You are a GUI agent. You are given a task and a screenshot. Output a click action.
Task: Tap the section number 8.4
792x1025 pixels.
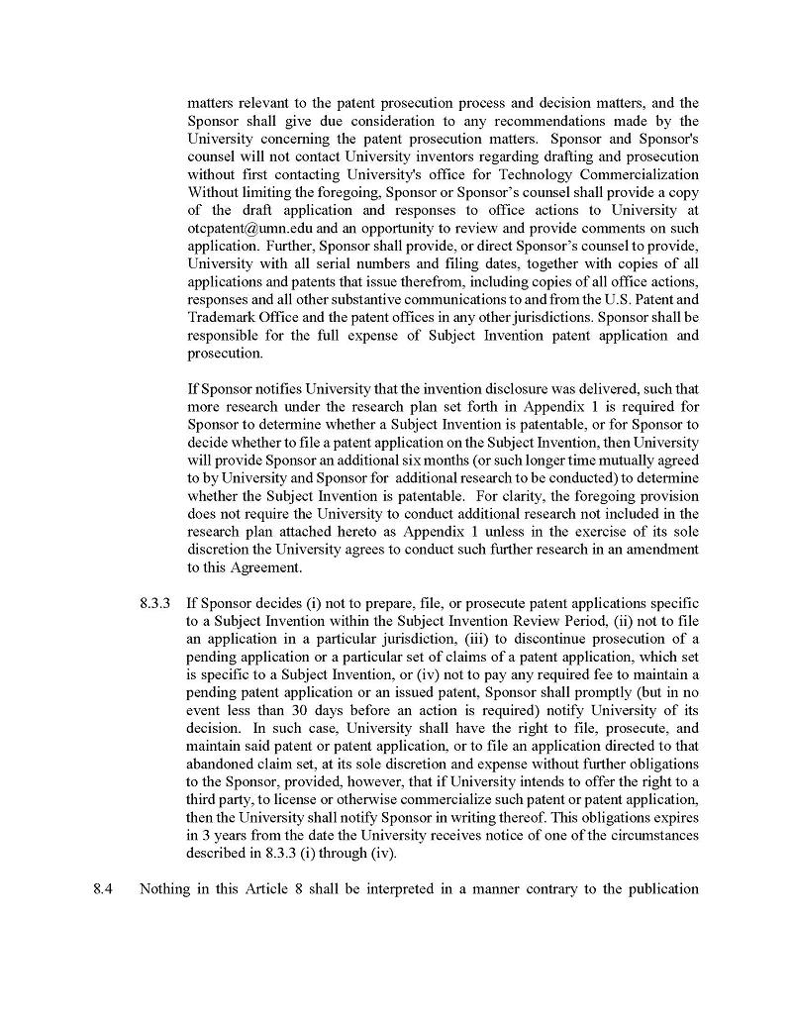[x=103, y=888]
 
